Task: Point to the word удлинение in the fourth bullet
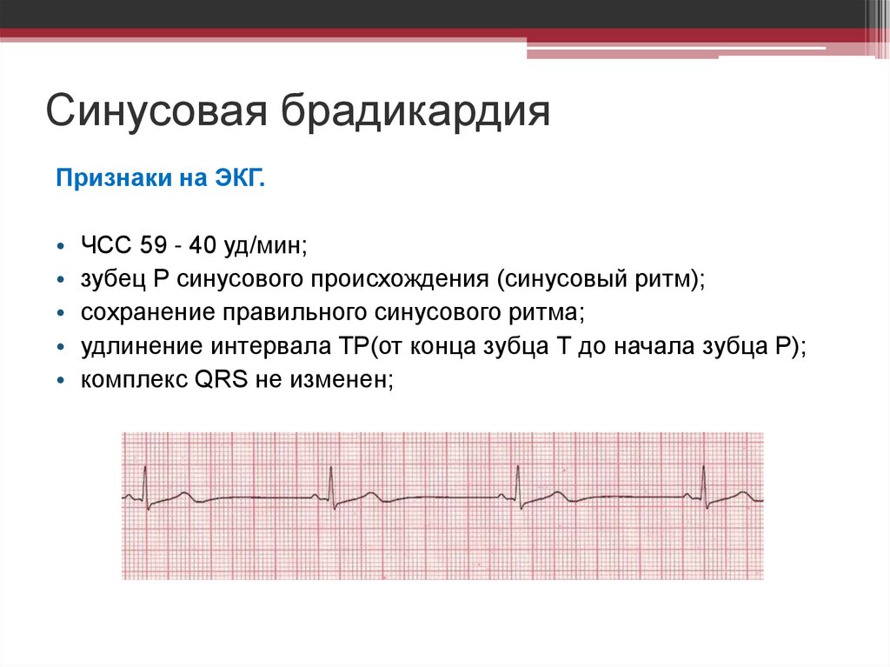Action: [x=140, y=346]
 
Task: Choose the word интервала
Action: [x=265, y=346]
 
